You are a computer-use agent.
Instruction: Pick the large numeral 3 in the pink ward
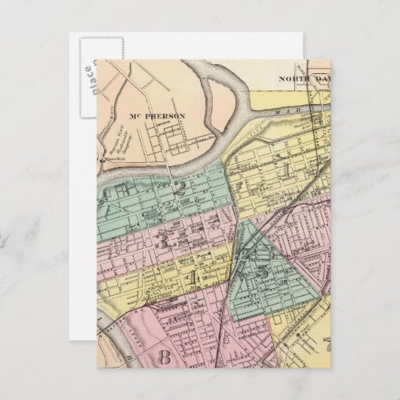coord(162,242)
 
